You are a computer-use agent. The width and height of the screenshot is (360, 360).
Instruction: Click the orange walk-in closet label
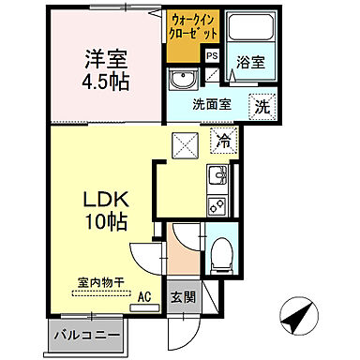click(194, 26)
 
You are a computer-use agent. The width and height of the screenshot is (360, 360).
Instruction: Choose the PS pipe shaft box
click(212, 55)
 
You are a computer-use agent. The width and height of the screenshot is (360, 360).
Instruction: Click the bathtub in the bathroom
click(248, 33)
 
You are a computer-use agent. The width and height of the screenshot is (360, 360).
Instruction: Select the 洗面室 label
click(212, 105)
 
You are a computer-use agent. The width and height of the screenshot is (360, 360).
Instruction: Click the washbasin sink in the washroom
click(186, 78)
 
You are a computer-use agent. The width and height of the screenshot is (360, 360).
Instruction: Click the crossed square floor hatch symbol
click(184, 145)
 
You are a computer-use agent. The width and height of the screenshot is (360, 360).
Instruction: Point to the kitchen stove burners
click(217, 202)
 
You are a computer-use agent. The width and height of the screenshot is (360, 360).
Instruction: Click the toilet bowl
click(221, 251)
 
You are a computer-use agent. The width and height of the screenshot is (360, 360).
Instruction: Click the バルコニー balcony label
click(85, 334)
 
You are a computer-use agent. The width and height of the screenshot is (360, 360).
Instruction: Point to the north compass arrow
click(301, 316)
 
